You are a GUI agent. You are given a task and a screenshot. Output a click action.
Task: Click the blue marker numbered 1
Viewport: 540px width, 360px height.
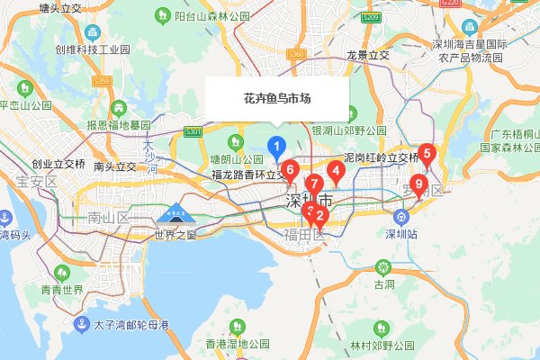(x=278, y=145)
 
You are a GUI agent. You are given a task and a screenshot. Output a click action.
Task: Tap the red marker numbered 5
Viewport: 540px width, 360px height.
(x=427, y=153)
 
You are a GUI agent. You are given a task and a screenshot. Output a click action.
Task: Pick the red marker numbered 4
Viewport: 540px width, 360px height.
(x=336, y=169)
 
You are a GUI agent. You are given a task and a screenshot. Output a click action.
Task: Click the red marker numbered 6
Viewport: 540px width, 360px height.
(x=289, y=168)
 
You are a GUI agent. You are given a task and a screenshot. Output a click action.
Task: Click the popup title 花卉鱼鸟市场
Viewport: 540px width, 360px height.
(x=277, y=98)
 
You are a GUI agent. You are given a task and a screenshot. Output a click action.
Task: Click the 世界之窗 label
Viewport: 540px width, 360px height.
(x=175, y=235)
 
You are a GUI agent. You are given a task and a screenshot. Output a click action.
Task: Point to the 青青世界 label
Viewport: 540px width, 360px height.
(x=61, y=289)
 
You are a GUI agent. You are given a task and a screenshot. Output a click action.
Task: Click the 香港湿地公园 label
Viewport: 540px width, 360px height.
(x=238, y=344)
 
